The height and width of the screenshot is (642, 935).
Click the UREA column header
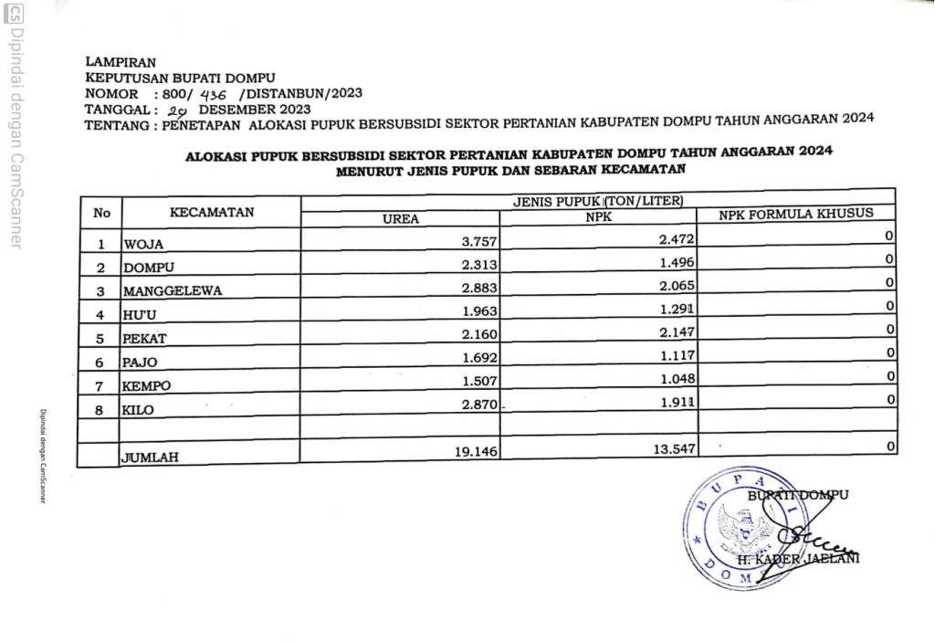point(400,219)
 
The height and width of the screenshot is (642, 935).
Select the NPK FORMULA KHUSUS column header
point(795,214)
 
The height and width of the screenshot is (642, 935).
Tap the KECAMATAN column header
point(212,212)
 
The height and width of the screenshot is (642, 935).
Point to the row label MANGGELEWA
point(173,291)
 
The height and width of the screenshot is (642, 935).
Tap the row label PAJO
point(140,363)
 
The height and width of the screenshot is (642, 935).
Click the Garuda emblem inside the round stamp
point(742,531)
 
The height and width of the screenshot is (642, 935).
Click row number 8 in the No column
point(101,411)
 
